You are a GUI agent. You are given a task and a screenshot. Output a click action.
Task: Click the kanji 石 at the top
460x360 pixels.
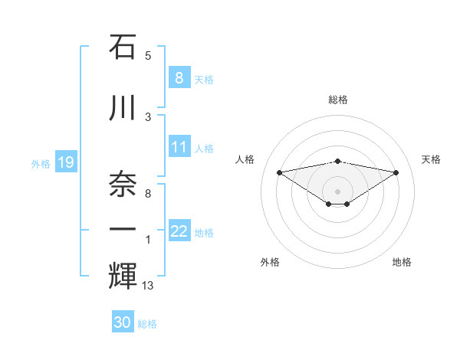click(123, 47)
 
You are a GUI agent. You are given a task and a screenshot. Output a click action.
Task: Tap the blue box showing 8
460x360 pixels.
click(179, 77)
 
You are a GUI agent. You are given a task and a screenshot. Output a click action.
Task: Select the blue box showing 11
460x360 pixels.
click(179, 147)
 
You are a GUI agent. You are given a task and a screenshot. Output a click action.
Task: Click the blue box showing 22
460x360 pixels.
click(179, 231)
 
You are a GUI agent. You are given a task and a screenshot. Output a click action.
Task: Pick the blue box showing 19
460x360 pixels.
click(65, 162)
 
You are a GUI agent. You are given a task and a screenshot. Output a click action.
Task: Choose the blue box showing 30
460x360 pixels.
click(123, 322)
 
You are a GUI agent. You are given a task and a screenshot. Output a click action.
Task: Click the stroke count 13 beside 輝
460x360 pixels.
click(148, 286)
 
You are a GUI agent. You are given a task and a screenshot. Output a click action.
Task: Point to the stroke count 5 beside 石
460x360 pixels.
click(148, 55)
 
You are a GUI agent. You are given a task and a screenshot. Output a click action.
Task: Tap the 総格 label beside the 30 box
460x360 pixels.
click(148, 324)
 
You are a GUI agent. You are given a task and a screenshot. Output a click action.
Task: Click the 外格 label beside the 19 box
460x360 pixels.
click(41, 163)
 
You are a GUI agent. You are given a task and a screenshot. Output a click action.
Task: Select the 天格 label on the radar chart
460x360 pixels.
click(431, 159)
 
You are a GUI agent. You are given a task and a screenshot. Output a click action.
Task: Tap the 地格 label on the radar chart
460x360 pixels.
click(402, 262)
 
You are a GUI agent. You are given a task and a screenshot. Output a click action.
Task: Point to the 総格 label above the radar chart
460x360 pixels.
click(338, 100)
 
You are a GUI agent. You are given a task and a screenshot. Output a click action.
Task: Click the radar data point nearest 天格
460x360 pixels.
click(396, 172)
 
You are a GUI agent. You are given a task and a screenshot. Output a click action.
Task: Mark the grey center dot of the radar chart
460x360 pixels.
click(338, 191)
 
